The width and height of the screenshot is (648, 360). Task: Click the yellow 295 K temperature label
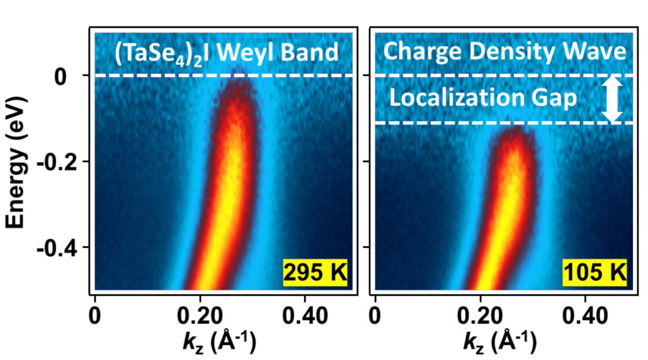(x=315, y=273)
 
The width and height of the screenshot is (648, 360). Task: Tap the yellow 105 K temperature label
(x=595, y=273)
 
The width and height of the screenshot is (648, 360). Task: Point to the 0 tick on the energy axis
(x=60, y=77)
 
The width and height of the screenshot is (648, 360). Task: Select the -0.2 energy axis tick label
(x=53, y=163)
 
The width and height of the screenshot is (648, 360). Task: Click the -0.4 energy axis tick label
(x=53, y=249)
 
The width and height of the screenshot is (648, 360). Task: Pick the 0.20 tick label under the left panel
(x=200, y=316)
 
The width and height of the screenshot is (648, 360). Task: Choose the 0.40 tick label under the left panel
(x=305, y=316)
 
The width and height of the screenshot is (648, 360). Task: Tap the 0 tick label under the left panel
(x=95, y=316)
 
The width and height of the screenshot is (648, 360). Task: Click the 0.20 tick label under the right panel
(x=480, y=316)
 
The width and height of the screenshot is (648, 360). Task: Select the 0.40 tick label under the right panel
(x=585, y=316)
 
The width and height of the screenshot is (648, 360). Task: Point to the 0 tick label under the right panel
(x=375, y=316)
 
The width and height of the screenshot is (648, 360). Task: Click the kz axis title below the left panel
(x=219, y=343)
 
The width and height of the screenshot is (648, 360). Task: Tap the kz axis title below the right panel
(x=499, y=343)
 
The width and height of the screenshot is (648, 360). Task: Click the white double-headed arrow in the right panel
(x=612, y=100)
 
